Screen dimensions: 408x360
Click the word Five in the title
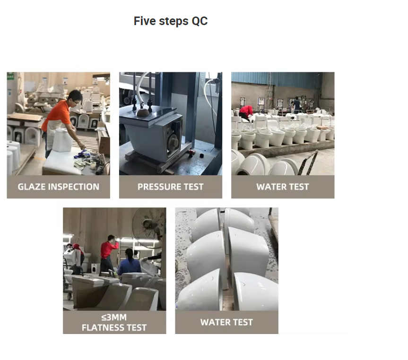click(145, 21)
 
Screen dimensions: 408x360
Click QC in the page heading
click(200, 21)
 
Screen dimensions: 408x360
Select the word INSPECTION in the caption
click(74, 187)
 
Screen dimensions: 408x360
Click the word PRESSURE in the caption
click(159, 187)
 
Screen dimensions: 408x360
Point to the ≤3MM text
click(114, 317)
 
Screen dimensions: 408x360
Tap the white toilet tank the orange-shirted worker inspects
click(62, 140)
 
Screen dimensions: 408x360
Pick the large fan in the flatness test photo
click(149, 226)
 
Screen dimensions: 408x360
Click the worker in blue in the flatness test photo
click(129, 263)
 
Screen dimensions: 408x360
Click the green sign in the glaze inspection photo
click(10, 77)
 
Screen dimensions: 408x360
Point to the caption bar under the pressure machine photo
click(171, 187)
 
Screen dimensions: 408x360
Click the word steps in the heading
click(174, 21)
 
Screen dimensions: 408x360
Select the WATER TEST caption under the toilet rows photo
click(283, 187)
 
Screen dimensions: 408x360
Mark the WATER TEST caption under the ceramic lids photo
click(226, 322)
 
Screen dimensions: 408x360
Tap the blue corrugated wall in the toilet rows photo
click(276, 79)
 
